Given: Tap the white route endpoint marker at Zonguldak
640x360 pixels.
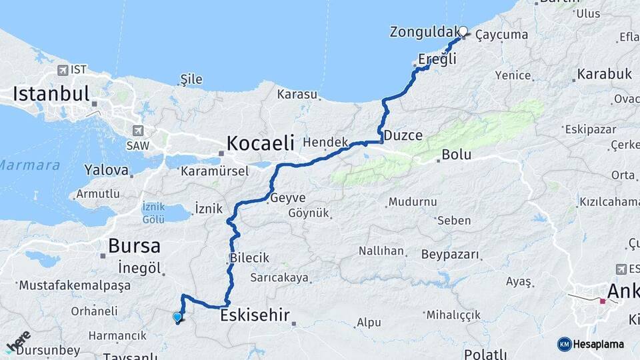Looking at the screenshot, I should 463,30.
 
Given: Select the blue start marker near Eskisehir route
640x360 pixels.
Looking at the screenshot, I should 177,317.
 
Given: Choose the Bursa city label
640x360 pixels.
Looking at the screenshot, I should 134,246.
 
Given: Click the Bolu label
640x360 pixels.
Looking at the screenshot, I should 457,155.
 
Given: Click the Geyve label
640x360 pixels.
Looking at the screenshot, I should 288,198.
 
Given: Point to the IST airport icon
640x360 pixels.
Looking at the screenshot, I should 63,70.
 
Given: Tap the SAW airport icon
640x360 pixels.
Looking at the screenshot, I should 139,131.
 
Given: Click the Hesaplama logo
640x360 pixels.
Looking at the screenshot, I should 591,344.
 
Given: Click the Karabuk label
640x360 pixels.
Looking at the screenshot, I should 605,74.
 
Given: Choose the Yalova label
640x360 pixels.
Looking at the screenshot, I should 106,170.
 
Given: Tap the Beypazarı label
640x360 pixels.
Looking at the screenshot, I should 450,255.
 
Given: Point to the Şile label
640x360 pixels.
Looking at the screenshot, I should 191,79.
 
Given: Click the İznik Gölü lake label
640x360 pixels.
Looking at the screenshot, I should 153,213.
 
